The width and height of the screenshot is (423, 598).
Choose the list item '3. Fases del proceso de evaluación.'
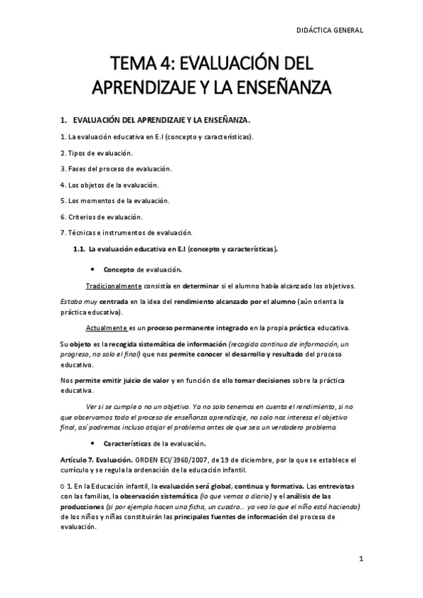click(116, 169)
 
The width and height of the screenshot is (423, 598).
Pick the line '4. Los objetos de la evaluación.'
click(109, 185)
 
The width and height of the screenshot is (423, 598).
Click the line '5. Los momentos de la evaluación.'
click(115, 200)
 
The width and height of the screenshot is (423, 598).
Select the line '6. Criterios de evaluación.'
click(102, 216)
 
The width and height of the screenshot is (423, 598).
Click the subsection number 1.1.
click(79, 249)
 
